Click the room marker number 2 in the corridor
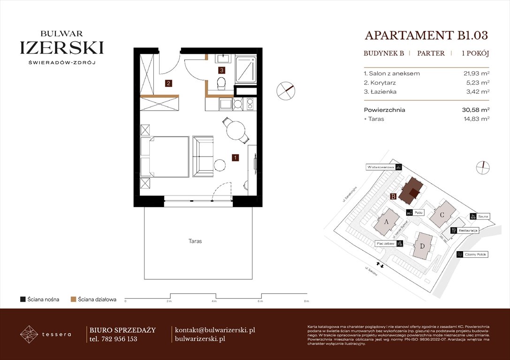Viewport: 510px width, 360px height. pos(168,84)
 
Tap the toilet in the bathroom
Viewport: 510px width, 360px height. pos(221,83)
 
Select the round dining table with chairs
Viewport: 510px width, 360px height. pos(236,130)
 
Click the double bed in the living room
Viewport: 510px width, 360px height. pos(165,157)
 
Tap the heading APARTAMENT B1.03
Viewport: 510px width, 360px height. pos(426,36)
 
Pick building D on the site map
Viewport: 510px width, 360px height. pos(423,246)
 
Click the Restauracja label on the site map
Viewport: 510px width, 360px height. pos(468,231)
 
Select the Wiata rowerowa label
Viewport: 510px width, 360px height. pos(381,167)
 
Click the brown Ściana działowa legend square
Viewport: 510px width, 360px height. pos(73,299)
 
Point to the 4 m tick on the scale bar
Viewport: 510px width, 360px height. pos(214,298)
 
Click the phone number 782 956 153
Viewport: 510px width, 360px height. pos(119,339)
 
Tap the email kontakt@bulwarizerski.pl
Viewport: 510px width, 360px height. pos(214,330)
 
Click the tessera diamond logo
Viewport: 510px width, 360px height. pos(29,334)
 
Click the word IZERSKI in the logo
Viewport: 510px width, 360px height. pos(62,47)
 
